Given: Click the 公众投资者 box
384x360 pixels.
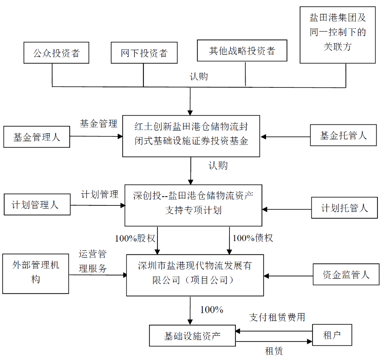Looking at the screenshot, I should (x=56, y=53).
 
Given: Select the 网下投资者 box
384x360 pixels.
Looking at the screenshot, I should (x=144, y=53).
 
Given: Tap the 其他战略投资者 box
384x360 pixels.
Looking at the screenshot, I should (x=242, y=51).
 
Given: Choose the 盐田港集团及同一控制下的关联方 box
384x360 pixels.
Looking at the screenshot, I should (x=338, y=35).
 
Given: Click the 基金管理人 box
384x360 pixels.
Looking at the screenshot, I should (x=37, y=137).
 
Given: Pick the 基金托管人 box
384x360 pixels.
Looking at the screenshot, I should (x=343, y=136).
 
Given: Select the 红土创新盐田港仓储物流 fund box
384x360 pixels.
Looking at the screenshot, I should (x=191, y=136).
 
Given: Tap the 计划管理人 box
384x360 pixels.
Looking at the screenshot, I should (x=37, y=205).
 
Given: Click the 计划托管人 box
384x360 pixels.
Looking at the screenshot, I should (x=344, y=208).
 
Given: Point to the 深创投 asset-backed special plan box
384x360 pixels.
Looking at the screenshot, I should (x=193, y=203).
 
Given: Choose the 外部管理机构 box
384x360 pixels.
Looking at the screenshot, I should (x=35, y=273).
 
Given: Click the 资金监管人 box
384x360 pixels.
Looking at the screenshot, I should (x=346, y=275).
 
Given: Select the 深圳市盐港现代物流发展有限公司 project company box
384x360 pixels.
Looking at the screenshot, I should (x=195, y=275).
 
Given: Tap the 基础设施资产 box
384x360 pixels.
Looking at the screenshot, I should (x=192, y=336).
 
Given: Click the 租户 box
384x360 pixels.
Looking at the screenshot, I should (x=332, y=335).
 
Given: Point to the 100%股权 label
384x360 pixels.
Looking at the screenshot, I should (x=135, y=238).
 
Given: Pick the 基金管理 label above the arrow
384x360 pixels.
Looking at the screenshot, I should (x=98, y=124).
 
